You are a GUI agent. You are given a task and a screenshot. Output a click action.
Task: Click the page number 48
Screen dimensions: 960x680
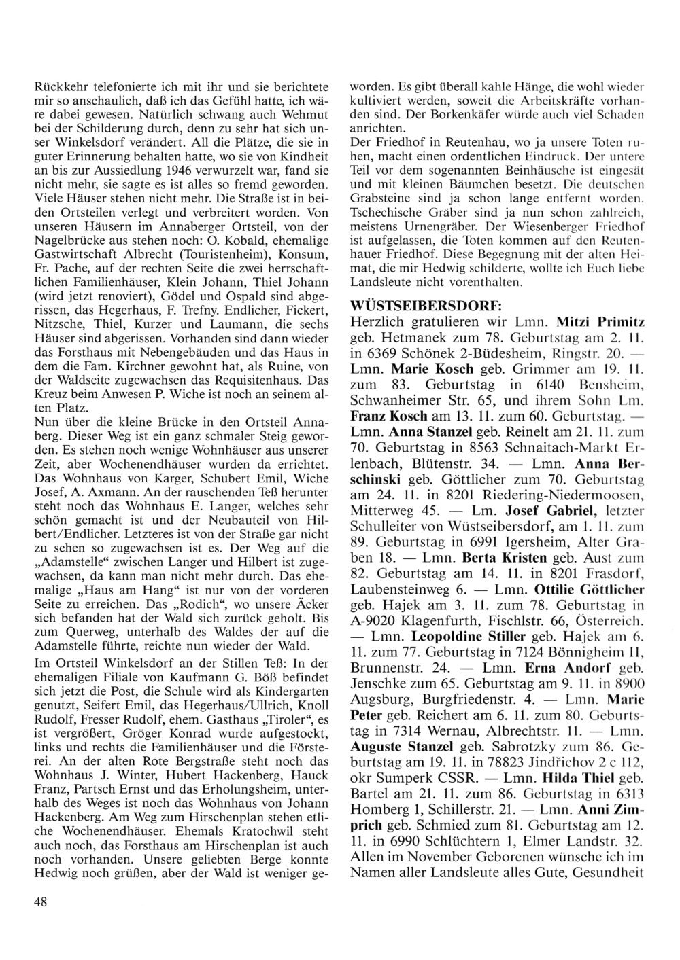pyautogui.click(x=40, y=902)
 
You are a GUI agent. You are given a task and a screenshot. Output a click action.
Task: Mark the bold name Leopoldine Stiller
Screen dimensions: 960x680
pyautogui.click(x=469, y=637)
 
